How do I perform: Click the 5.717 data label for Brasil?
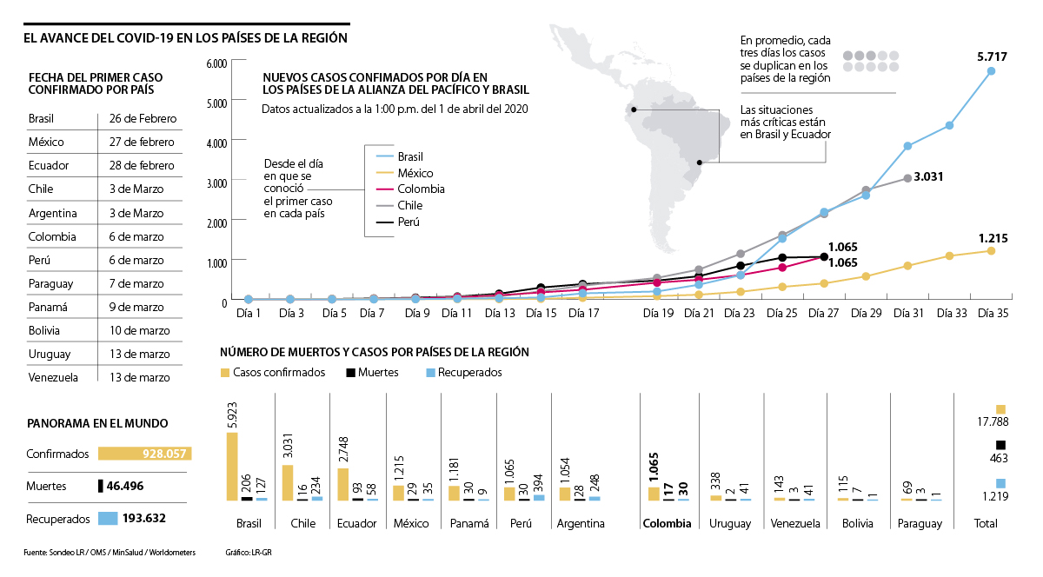[992, 56]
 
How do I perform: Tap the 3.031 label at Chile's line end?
[929, 176]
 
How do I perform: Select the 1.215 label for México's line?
[993, 237]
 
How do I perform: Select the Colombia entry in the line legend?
[421, 189]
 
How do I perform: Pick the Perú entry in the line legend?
[409, 222]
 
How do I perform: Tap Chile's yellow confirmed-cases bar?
[288, 483]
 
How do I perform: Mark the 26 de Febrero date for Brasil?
[143, 118]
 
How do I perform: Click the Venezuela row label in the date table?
[53, 377]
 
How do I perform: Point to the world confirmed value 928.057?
[166, 454]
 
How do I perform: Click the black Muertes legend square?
[351, 373]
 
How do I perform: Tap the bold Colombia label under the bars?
[667, 524]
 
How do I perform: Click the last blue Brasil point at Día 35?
[991, 71]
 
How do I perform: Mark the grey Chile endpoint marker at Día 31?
[907, 178]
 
